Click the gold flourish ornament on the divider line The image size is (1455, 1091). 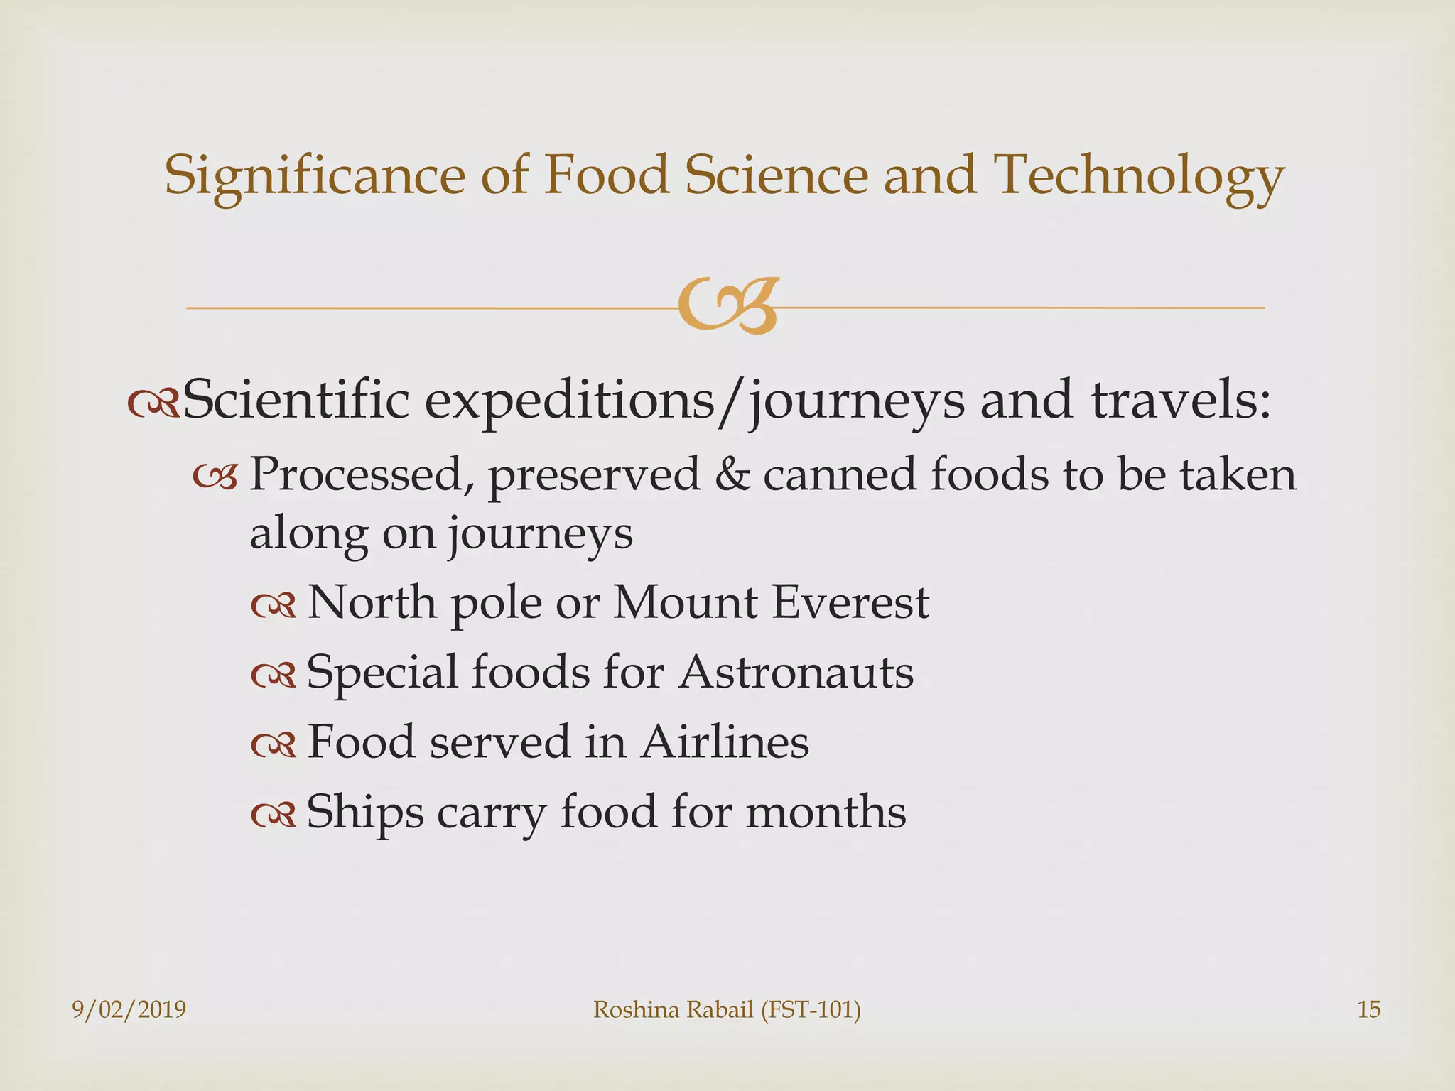pyautogui.click(x=727, y=307)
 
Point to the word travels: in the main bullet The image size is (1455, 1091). pyautogui.click(x=1180, y=400)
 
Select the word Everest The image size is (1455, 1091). pyautogui.click(x=850, y=603)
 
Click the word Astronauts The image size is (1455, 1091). pyautogui.click(x=796, y=672)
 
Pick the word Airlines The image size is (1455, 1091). pyautogui.click(x=725, y=742)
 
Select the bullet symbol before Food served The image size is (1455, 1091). pyautogui.click(x=273, y=744)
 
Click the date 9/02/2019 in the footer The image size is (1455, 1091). pyautogui.click(x=129, y=1009)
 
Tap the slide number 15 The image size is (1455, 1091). pyautogui.click(x=1368, y=1009)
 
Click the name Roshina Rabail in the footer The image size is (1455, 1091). pyautogui.click(x=673, y=1009)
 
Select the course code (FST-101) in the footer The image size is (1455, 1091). pyautogui.click(x=811, y=1009)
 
